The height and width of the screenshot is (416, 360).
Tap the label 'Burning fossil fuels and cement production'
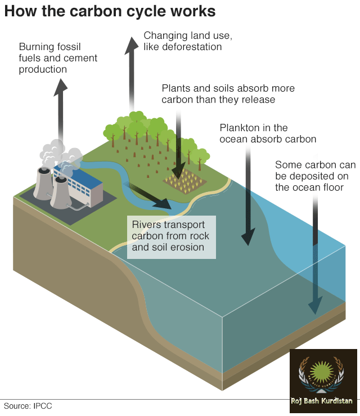(58, 58)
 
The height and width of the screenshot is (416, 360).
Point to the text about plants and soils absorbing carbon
(228, 94)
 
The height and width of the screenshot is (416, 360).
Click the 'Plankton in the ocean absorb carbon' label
(268, 133)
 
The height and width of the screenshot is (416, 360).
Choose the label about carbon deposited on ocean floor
(315, 176)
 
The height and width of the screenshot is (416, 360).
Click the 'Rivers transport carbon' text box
(171, 236)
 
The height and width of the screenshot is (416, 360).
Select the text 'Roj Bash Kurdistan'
(322, 401)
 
